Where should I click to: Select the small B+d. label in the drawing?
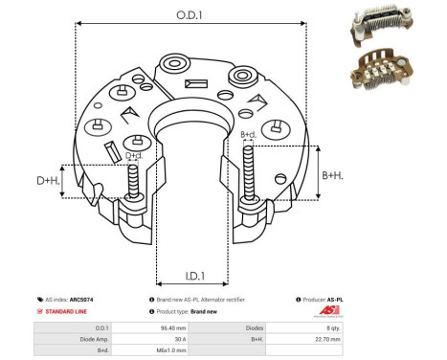[248, 134]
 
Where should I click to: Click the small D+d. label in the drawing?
[134, 156]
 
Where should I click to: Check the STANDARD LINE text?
[69, 312]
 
